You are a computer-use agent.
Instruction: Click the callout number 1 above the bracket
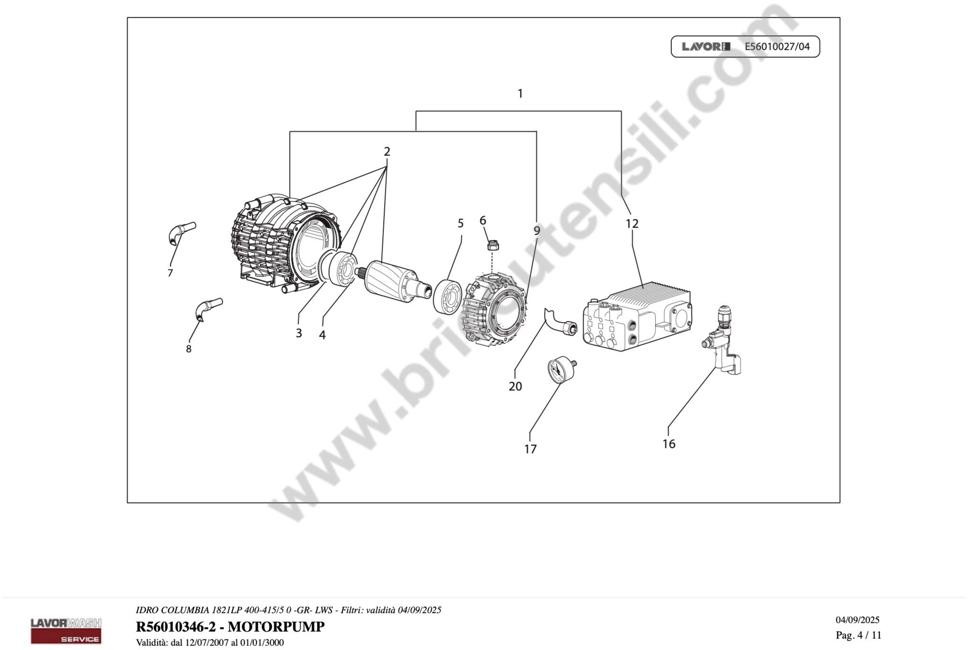(x=520, y=94)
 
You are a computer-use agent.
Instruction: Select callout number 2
(x=387, y=152)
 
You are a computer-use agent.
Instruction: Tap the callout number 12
(x=632, y=224)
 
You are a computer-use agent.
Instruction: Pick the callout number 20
(x=515, y=386)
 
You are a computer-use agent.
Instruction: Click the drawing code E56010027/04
(x=777, y=46)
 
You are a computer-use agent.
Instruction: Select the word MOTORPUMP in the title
(x=276, y=627)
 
